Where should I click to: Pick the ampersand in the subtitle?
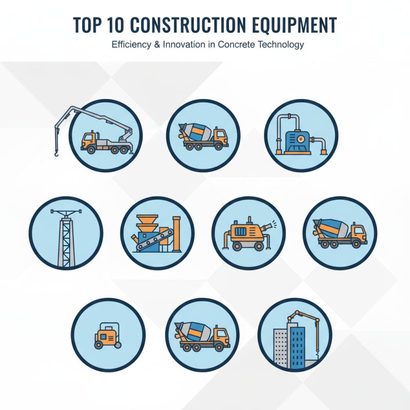[156, 45]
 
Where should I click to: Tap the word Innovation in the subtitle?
[184, 45]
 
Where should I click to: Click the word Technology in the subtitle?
[279, 45]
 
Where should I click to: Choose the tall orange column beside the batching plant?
[177, 233]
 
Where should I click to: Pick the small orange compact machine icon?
[107, 336]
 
